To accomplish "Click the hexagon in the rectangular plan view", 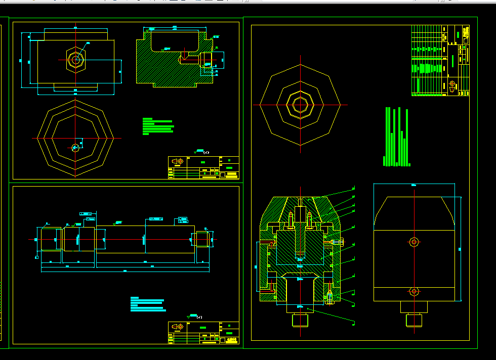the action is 76,60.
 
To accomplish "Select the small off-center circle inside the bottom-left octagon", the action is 75,148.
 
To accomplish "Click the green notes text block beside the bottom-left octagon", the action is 158,126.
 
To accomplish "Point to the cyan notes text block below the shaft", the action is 147,304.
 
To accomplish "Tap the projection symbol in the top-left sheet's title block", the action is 178,162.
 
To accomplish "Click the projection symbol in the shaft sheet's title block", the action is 178,327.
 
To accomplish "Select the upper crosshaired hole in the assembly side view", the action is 414,242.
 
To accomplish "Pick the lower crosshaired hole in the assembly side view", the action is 414,291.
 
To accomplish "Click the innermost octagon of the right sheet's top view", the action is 300,105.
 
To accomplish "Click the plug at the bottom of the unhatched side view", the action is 414,320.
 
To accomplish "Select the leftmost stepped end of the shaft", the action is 50,239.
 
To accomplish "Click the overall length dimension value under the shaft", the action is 125,271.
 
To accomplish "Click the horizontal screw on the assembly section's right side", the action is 335,242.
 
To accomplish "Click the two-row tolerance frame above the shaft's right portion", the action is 182,220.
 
